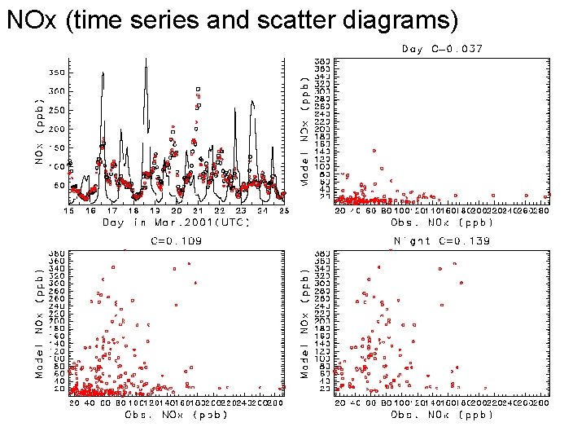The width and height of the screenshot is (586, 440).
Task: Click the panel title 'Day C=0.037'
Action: (442, 49)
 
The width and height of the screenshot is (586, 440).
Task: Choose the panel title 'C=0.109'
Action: (177, 241)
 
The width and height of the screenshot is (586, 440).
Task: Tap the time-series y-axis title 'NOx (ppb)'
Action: (38, 130)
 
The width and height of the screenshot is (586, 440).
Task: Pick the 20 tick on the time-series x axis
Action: (176, 210)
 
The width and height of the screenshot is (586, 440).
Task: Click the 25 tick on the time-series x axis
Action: (282, 210)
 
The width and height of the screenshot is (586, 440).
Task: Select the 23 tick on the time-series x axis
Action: (240, 210)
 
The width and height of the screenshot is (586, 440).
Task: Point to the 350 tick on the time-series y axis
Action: (56, 73)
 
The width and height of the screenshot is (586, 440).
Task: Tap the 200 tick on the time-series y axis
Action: (56, 129)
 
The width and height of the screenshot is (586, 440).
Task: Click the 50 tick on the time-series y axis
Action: (59, 186)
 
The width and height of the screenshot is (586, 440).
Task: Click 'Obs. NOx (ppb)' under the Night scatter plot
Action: (442, 415)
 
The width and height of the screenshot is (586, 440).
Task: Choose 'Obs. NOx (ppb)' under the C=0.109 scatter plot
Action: (176, 415)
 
